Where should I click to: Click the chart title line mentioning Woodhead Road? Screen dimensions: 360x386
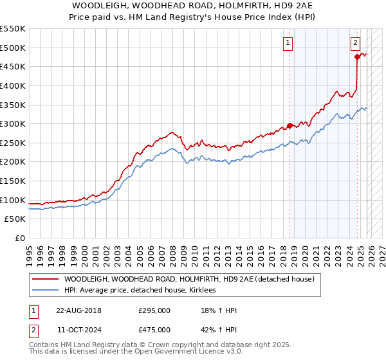pos(193,4)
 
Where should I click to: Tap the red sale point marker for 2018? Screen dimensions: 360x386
pos(289,125)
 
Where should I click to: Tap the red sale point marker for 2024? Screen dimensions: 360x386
pos(358,57)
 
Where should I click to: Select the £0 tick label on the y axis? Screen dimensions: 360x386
pos(19,238)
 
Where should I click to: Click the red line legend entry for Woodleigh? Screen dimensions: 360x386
pos(188,279)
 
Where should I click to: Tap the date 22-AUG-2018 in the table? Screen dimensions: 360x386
pos(78,311)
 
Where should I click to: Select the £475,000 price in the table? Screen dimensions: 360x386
pos(154,330)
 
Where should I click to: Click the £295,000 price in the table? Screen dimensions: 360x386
pos(154,311)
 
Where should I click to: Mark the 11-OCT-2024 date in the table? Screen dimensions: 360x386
pos(78,330)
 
